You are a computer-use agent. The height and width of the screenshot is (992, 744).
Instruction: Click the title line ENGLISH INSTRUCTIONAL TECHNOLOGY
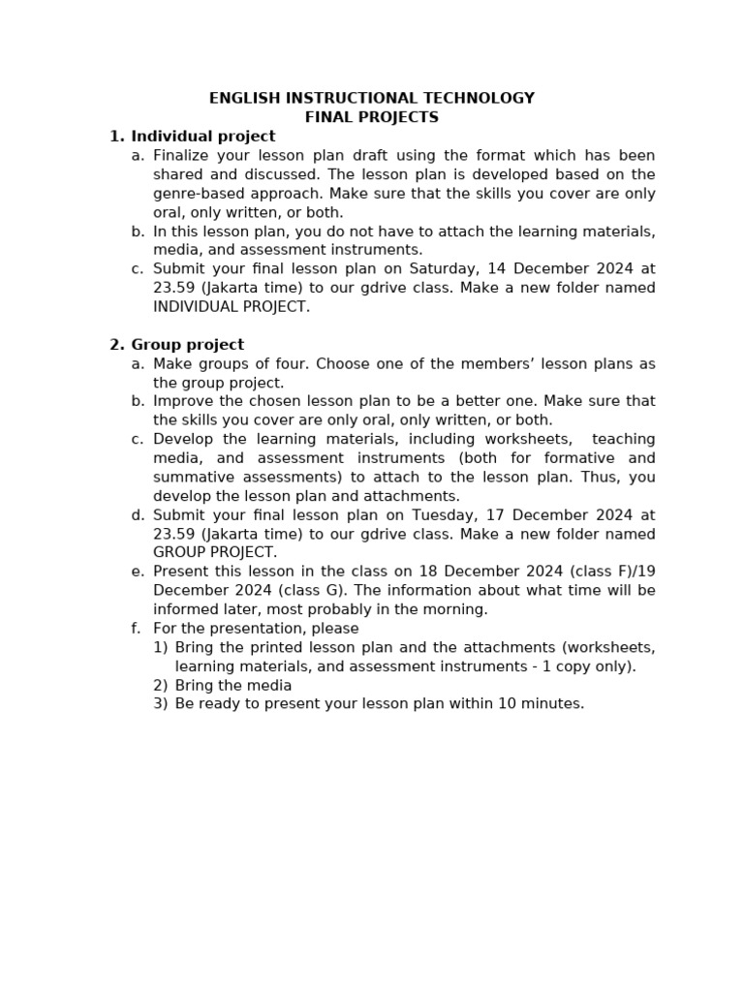click(x=372, y=98)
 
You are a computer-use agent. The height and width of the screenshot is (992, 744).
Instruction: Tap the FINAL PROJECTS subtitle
click(x=372, y=117)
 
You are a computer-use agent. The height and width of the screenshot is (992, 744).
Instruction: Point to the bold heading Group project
click(x=188, y=345)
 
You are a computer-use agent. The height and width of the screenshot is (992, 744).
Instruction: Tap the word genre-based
click(x=198, y=193)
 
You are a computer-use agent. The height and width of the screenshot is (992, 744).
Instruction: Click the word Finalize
click(x=179, y=155)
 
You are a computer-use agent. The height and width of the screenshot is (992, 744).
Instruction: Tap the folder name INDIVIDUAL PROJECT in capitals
click(x=232, y=306)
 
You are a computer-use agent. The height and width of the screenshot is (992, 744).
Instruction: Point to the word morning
click(x=456, y=609)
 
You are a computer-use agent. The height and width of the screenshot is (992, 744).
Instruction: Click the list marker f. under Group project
click(x=137, y=628)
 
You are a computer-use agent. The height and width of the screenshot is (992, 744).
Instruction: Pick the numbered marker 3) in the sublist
click(x=160, y=703)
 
